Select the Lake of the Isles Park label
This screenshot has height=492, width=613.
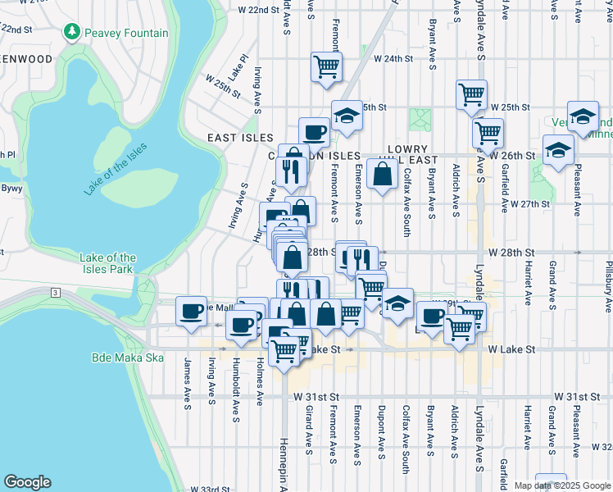pyautogui.click(x=108, y=263)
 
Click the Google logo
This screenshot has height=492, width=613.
pyautogui.click(x=27, y=482)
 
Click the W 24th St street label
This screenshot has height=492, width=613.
pyautogui.click(x=393, y=59)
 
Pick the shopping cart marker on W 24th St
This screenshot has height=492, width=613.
pyautogui.click(x=326, y=66)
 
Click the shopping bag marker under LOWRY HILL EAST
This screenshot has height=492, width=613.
pyautogui.click(x=383, y=174)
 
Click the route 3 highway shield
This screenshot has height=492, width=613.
pyautogui.click(x=55, y=292)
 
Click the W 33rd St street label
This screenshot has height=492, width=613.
pyautogui.click(x=210, y=490)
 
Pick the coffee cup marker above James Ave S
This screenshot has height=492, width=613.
pyautogui.click(x=192, y=312)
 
